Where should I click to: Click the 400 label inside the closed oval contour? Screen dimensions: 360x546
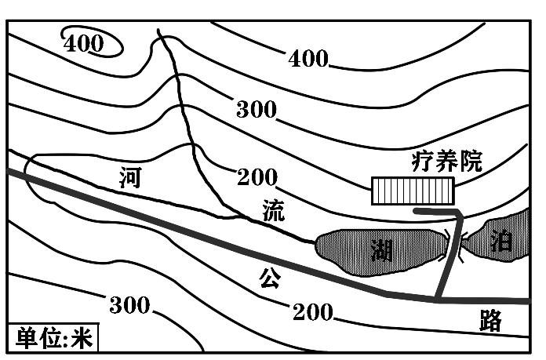84,44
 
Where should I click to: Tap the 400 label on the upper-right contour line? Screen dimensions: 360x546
308,58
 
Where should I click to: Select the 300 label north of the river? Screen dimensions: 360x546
256,110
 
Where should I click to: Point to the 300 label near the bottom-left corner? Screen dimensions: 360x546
129,305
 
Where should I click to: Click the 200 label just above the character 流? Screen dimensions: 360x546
257,178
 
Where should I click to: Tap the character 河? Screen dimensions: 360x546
130,178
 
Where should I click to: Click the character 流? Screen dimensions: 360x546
274,210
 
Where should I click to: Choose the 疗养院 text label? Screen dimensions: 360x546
446,162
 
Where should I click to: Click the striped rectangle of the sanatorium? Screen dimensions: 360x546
413,191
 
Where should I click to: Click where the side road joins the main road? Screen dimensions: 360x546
436,300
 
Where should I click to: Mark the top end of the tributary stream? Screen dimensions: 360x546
159,30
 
